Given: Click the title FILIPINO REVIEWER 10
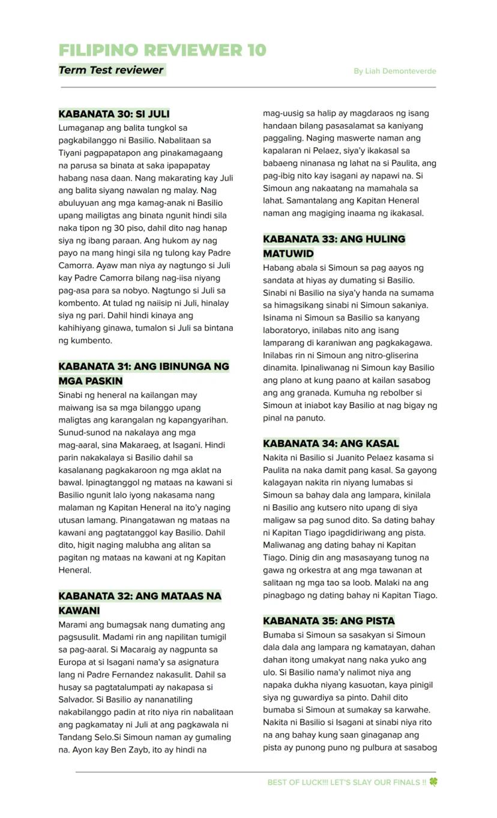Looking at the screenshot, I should (162, 50).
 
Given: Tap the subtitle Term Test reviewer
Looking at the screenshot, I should (111, 70).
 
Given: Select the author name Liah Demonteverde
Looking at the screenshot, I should (394, 71).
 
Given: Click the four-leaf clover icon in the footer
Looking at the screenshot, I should (433, 782).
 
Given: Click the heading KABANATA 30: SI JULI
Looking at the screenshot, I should (114, 113).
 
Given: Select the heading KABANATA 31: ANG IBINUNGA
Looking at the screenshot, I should (143, 367).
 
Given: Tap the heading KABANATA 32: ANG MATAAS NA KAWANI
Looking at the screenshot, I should (139, 596).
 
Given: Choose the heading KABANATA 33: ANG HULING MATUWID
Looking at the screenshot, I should (334, 239).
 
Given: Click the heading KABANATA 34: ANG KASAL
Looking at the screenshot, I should (331, 444).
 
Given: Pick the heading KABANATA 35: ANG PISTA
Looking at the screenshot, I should (328, 621).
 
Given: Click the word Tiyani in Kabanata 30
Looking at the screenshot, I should (71, 153).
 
